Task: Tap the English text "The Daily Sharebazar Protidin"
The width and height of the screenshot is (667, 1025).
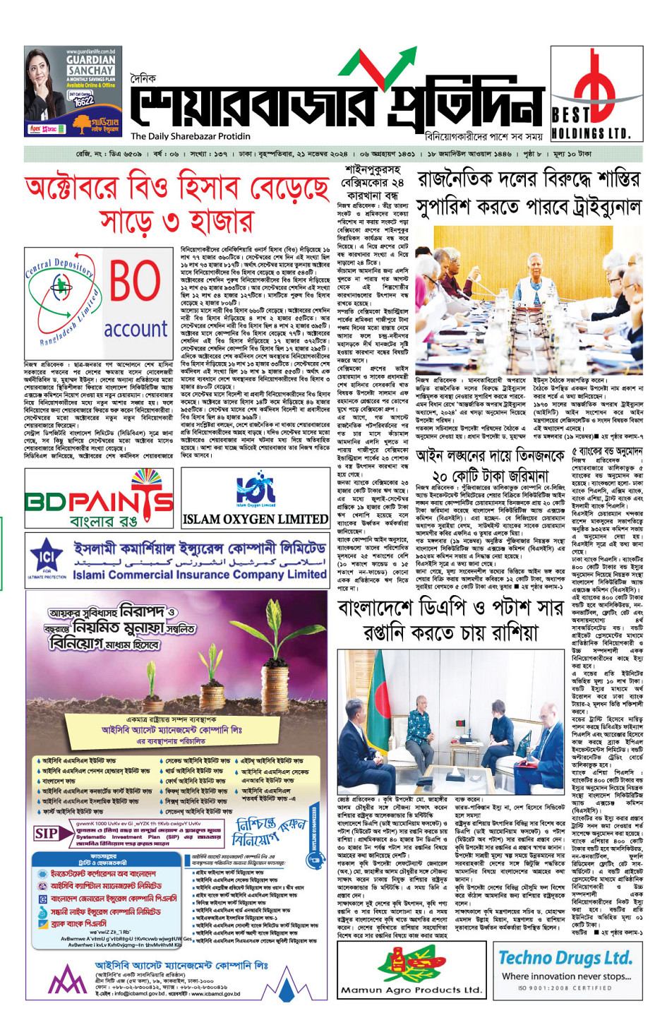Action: (191, 136)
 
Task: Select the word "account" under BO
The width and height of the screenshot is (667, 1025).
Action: (136, 329)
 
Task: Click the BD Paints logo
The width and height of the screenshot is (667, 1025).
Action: (99, 501)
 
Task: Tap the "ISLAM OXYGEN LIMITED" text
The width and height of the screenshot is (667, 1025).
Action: (256, 519)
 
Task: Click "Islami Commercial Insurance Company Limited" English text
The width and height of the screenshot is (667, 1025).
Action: (200, 575)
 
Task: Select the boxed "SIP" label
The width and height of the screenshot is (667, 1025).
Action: (46, 834)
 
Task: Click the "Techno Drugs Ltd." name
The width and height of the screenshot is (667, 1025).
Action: (565, 957)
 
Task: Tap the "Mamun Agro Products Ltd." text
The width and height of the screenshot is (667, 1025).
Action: (411, 989)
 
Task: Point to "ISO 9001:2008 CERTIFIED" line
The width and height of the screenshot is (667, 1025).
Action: (565, 988)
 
